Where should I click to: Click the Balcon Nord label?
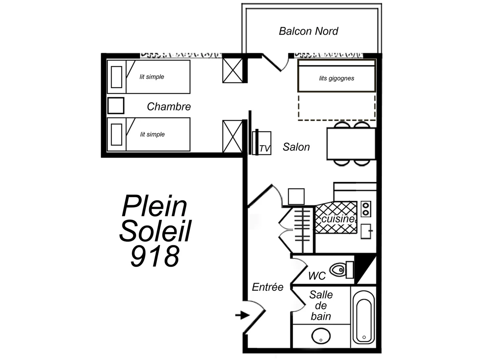coord(308,31)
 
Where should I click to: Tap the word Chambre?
coord(169,107)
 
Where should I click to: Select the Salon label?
coord(296,147)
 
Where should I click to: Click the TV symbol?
coord(262,143)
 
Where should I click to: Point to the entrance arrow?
coord(242,315)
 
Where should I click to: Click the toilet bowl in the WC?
coord(342,270)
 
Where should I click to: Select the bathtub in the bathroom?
coord(364,317)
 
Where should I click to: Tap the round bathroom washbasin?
coord(321,336)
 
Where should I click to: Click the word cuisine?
coord(338,219)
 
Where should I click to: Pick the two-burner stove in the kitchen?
coord(366,209)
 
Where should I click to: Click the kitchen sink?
coord(366,231)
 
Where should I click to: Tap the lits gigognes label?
coord(336,78)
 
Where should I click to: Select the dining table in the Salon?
coord(351,144)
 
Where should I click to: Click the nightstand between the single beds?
coord(116,106)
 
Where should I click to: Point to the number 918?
coord(155,256)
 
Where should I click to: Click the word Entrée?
coord(268,287)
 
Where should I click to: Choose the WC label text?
coord(317,276)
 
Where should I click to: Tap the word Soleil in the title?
coord(156,231)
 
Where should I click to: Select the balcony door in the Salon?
coord(272,63)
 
